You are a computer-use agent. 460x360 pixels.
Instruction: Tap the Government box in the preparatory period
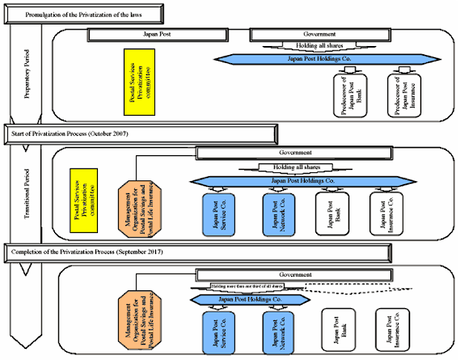point(320,34)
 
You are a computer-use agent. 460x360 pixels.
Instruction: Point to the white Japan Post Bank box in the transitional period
point(332,215)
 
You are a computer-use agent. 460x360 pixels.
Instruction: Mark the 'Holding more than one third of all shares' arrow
point(249,287)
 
